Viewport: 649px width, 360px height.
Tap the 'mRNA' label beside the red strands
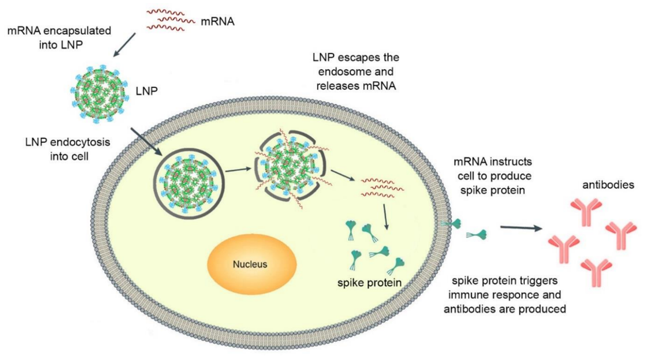(217, 20)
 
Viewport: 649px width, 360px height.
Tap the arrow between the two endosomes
(238, 170)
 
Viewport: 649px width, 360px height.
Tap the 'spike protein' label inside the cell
(369, 283)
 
